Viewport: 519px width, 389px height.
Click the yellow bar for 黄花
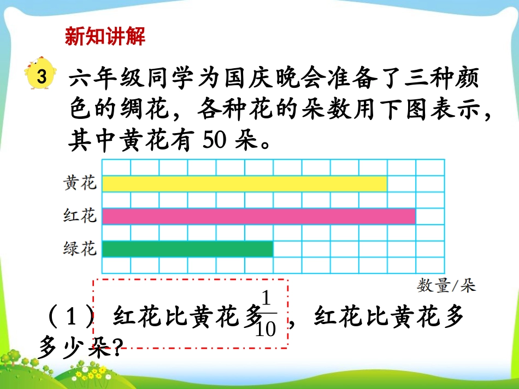point(244,184)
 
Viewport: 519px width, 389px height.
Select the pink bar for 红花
point(258,217)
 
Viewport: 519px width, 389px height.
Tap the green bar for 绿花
point(187,249)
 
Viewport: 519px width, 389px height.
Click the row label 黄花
point(80,183)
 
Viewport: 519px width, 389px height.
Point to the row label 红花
point(80,216)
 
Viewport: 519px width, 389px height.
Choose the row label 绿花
point(80,249)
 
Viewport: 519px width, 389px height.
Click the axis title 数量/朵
point(446,285)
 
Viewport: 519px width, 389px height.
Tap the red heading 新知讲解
point(105,37)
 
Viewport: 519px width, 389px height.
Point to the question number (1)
point(71,317)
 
